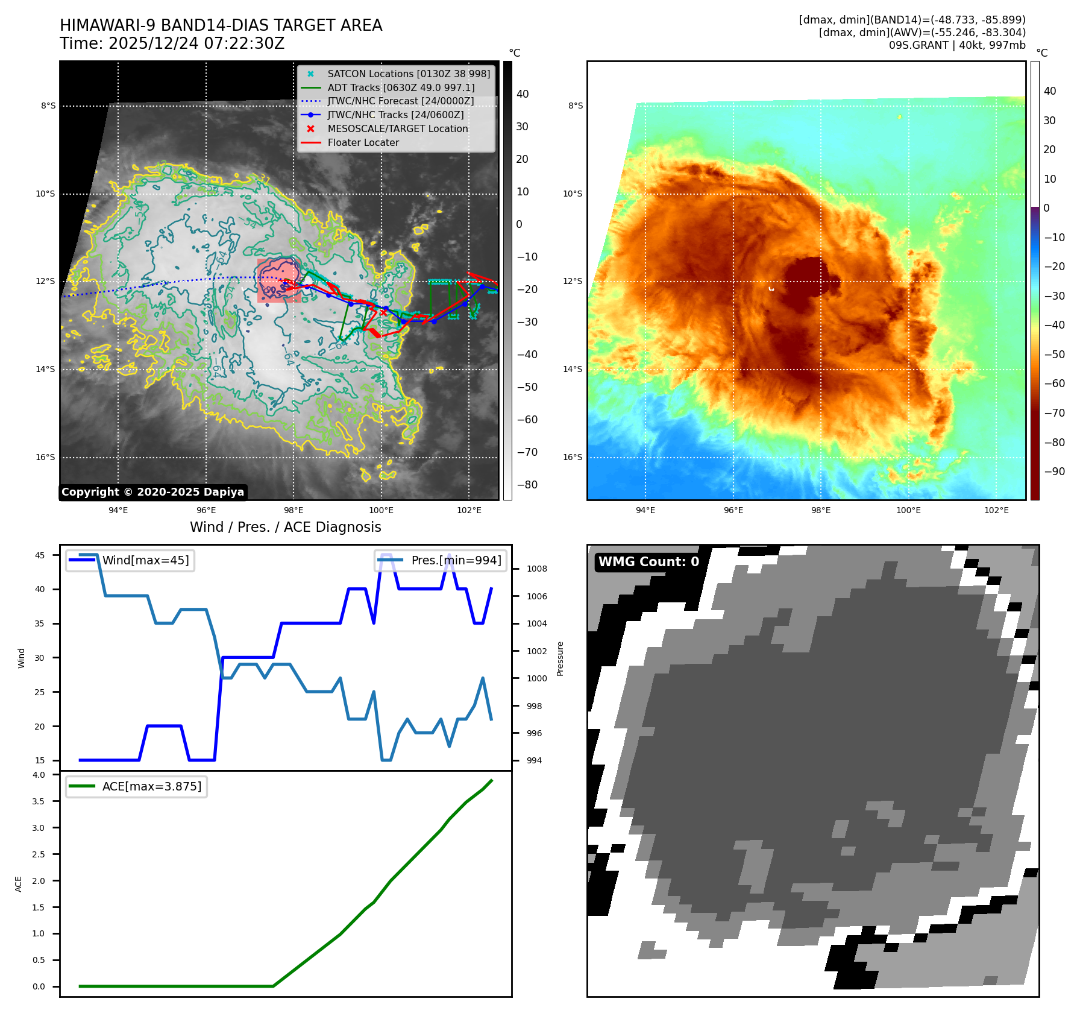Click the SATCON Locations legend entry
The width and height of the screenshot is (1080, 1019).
(x=408, y=74)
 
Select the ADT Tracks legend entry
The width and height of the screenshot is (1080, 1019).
(x=401, y=87)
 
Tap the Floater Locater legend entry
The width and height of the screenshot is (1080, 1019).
(x=363, y=142)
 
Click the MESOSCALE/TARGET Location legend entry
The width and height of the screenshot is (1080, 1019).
(x=397, y=128)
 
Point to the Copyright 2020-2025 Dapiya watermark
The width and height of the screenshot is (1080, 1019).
(x=152, y=492)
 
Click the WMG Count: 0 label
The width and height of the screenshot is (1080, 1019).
(x=648, y=562)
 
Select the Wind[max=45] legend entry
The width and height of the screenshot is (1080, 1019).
(x=145, y=560)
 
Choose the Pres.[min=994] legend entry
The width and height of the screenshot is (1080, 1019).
(x=456, y=560)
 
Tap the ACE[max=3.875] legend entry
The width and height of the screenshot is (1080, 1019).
(x=151, y=786)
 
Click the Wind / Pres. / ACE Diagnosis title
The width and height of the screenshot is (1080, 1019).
(x=285, y=527)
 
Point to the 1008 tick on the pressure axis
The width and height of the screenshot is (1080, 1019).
(x=536, y=569)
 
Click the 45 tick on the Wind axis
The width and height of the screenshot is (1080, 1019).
(x=40, y=555)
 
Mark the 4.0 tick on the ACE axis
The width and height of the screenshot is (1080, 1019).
(x=39, y=775)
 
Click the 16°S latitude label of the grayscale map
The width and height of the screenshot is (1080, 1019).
(x=45, y=457)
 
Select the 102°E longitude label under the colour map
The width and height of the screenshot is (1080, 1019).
(x=996, y=510)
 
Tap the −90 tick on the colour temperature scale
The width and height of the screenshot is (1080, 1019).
(x=1054, y=472)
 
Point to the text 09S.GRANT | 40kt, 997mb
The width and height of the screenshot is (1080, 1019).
(x=956, y=45)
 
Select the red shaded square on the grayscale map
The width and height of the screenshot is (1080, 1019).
(x=278, y=280)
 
